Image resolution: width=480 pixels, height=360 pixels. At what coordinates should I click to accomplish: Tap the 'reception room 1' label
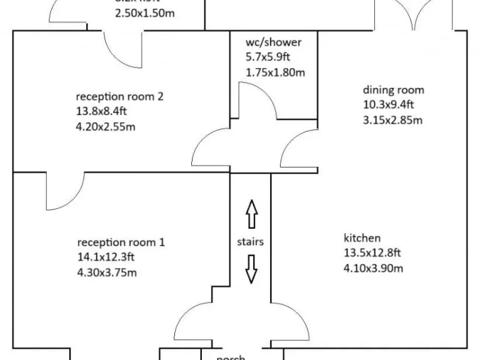pyautogui.click(x=121, y=242)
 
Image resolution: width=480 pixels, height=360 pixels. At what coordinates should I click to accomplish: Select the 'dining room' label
pyautogui.click(x=394, y=90)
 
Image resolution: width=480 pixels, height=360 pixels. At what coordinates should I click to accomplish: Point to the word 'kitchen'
pyautogui.click(x=362, y=238)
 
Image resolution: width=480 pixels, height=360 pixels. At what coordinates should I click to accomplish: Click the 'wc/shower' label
pyautogui.click(x=274, y=42)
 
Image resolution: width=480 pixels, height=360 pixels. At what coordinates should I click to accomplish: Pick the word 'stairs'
pyautogui.click(x=251, y=241)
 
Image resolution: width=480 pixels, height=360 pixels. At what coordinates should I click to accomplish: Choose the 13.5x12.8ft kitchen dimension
pyautogui.click(x=372, y=253)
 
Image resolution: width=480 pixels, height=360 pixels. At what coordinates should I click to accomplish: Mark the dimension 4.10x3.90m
pyautogui.click(x=374, y=268)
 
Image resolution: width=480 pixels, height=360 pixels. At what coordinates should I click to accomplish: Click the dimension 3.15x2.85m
pyautogui.click(x=392, y=120)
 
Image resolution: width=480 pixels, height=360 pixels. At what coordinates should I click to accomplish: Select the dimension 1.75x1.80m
pyautogui.click(x=276, y=72)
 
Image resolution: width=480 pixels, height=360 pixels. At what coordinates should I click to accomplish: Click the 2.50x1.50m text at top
pyautogui.click(x=145, y=12)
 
